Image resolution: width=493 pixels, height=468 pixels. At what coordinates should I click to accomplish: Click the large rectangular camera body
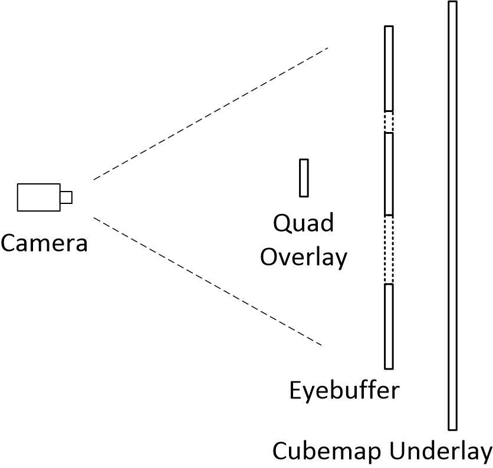[38, 197]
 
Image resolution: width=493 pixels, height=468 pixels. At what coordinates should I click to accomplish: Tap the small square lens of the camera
[67, 197]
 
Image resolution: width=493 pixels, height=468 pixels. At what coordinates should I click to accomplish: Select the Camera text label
[44, 242]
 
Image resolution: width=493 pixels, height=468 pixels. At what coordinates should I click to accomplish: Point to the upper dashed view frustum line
[211, 113]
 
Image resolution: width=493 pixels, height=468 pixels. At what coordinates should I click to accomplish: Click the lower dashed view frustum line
[208, 282]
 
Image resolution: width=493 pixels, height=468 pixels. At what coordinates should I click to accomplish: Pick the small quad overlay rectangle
[304, 177]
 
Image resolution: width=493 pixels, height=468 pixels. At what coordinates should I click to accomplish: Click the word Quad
[303, 223]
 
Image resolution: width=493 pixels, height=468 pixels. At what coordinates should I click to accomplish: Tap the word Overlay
[304, 257]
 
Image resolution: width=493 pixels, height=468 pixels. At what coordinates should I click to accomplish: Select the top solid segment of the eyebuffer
[389, 68]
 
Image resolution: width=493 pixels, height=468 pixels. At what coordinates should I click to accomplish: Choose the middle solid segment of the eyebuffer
[389, 174]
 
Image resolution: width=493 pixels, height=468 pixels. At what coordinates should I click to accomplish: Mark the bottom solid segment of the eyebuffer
[389, 326]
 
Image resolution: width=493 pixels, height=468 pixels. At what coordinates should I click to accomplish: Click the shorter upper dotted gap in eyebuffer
[389, 122]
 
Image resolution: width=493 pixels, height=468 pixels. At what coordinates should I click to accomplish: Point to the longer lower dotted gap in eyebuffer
[389, 249]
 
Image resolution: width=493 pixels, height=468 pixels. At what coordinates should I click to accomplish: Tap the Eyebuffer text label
[344, 390]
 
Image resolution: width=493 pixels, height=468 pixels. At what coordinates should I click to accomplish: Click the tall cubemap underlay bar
[452, 215]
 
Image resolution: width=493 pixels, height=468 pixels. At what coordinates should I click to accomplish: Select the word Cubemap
[326, 451]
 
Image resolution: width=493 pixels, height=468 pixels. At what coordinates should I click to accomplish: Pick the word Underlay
[439, 451]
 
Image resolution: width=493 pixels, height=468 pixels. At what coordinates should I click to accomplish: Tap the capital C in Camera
[9, 242]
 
